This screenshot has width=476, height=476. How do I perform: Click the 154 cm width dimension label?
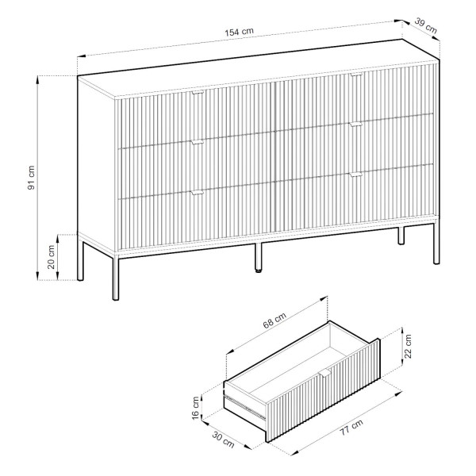coord(239,32)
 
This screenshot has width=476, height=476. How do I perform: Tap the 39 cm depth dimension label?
coord(425,26)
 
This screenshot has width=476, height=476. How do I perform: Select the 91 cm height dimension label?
coord(31,178)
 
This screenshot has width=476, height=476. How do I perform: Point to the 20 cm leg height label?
coord(51,257)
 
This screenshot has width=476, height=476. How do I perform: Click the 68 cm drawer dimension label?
coord(274,321)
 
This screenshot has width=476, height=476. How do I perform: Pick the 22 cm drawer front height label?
coord(408,347)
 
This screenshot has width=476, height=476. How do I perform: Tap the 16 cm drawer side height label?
coord(195,408)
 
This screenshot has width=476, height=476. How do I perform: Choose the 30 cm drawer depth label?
coord(223,440)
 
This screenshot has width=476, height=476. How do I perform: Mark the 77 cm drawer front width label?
coord(351,428)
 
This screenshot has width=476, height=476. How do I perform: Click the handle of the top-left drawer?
coord(198,92)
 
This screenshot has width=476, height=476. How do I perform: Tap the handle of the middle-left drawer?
coord(198,142)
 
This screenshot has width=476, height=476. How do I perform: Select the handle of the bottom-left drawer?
coord(197,193)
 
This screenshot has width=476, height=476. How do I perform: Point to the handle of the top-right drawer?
coord(356,74)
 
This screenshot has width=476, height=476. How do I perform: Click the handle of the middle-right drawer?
coord(355,125)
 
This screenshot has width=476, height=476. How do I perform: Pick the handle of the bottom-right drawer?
coord(355,175)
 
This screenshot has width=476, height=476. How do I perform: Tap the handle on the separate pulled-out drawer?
coord(324,374)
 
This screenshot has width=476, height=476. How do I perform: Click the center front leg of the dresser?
coord(258,257)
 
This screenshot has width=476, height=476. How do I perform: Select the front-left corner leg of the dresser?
coord(116,277)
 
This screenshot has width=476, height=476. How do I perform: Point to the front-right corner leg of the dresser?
coord(436,242)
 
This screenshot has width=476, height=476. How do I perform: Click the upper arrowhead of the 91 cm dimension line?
coord(37,79)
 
